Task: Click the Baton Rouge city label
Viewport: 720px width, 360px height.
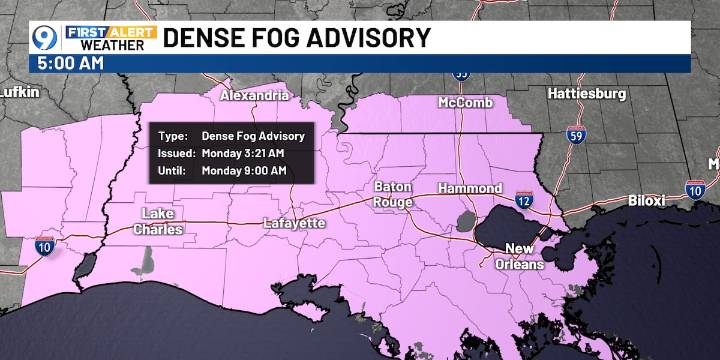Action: [393, 194]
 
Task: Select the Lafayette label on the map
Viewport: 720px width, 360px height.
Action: [294, 223]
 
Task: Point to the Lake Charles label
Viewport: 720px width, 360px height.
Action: [161, 222]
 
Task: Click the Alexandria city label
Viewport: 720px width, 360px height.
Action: [255, 96]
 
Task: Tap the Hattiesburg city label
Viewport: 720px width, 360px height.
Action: [587, 93]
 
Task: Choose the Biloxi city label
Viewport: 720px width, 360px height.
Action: [646, 200]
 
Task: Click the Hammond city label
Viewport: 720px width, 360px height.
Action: [469, 188]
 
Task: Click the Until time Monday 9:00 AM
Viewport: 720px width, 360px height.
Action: [243, 171]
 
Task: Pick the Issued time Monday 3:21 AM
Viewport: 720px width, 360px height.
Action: [243, 153]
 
